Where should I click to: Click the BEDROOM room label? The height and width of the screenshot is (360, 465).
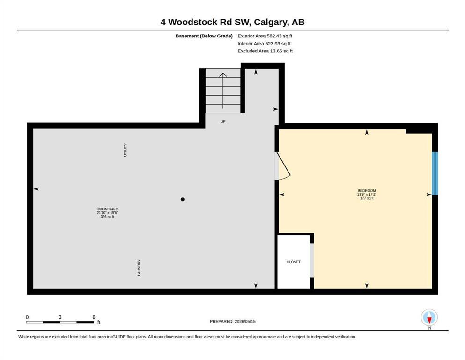[367, 190]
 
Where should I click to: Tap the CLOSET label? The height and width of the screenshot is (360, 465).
[293, 262]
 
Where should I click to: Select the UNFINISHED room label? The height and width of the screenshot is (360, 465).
[107, 209]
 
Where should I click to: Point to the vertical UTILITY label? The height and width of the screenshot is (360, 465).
[125, 150]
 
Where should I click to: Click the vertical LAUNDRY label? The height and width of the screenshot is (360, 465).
[139, 268]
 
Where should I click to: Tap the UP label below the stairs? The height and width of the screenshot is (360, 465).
[223, 122]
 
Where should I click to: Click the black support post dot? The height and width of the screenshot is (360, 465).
[182, 199]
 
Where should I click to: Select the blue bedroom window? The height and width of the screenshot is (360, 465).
[435, 173]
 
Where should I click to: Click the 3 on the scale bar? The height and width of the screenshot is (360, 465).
[60, 317]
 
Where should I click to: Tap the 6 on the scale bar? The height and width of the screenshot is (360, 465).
[94, 317]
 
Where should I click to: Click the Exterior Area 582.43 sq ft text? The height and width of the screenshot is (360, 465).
[265, 36]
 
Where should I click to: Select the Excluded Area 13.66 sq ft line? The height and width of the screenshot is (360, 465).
[265, 51]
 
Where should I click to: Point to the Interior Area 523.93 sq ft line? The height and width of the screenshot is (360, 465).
[264, 44]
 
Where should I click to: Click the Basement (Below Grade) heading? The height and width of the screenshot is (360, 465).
[204, 36]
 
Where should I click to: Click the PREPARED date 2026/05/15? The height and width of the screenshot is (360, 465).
[245, 321]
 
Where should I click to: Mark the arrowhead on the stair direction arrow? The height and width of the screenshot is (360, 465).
[223, 75]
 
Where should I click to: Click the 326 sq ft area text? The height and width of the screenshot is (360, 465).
[107, 217]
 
